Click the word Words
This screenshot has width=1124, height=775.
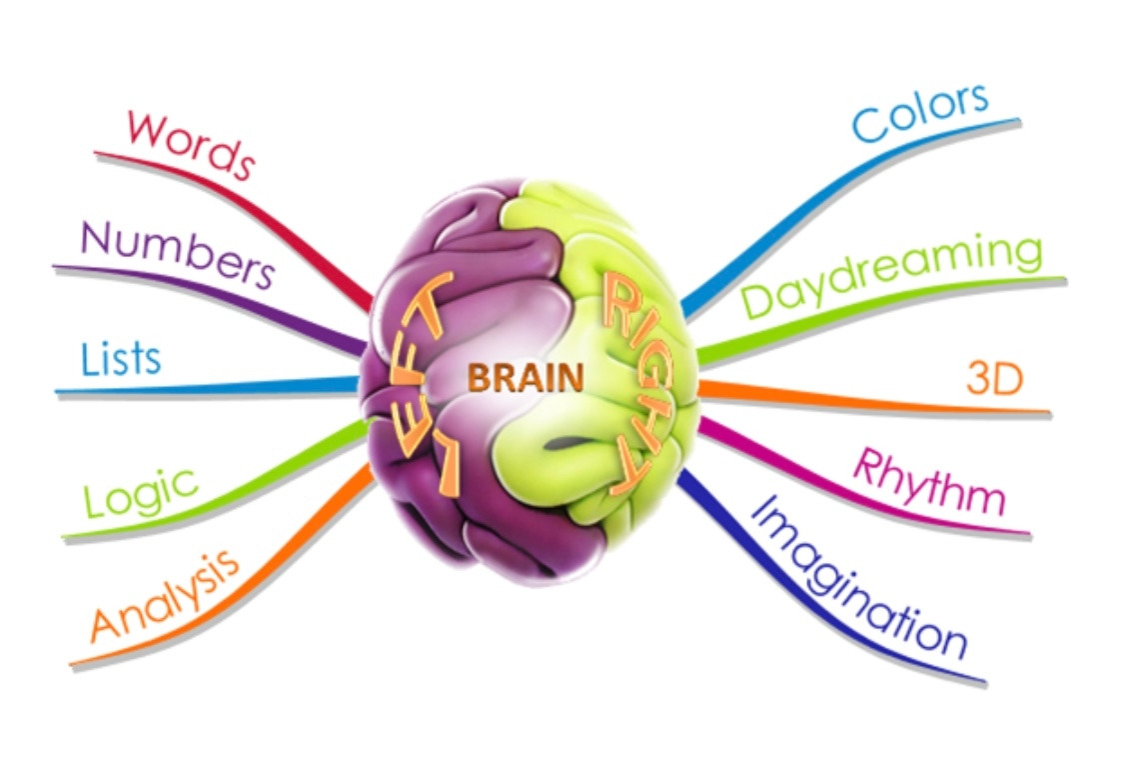(190, 144)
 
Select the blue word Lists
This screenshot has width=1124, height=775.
(122, 358)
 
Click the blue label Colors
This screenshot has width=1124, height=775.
(920, 111)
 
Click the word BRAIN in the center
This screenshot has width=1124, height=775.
(526, 378)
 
